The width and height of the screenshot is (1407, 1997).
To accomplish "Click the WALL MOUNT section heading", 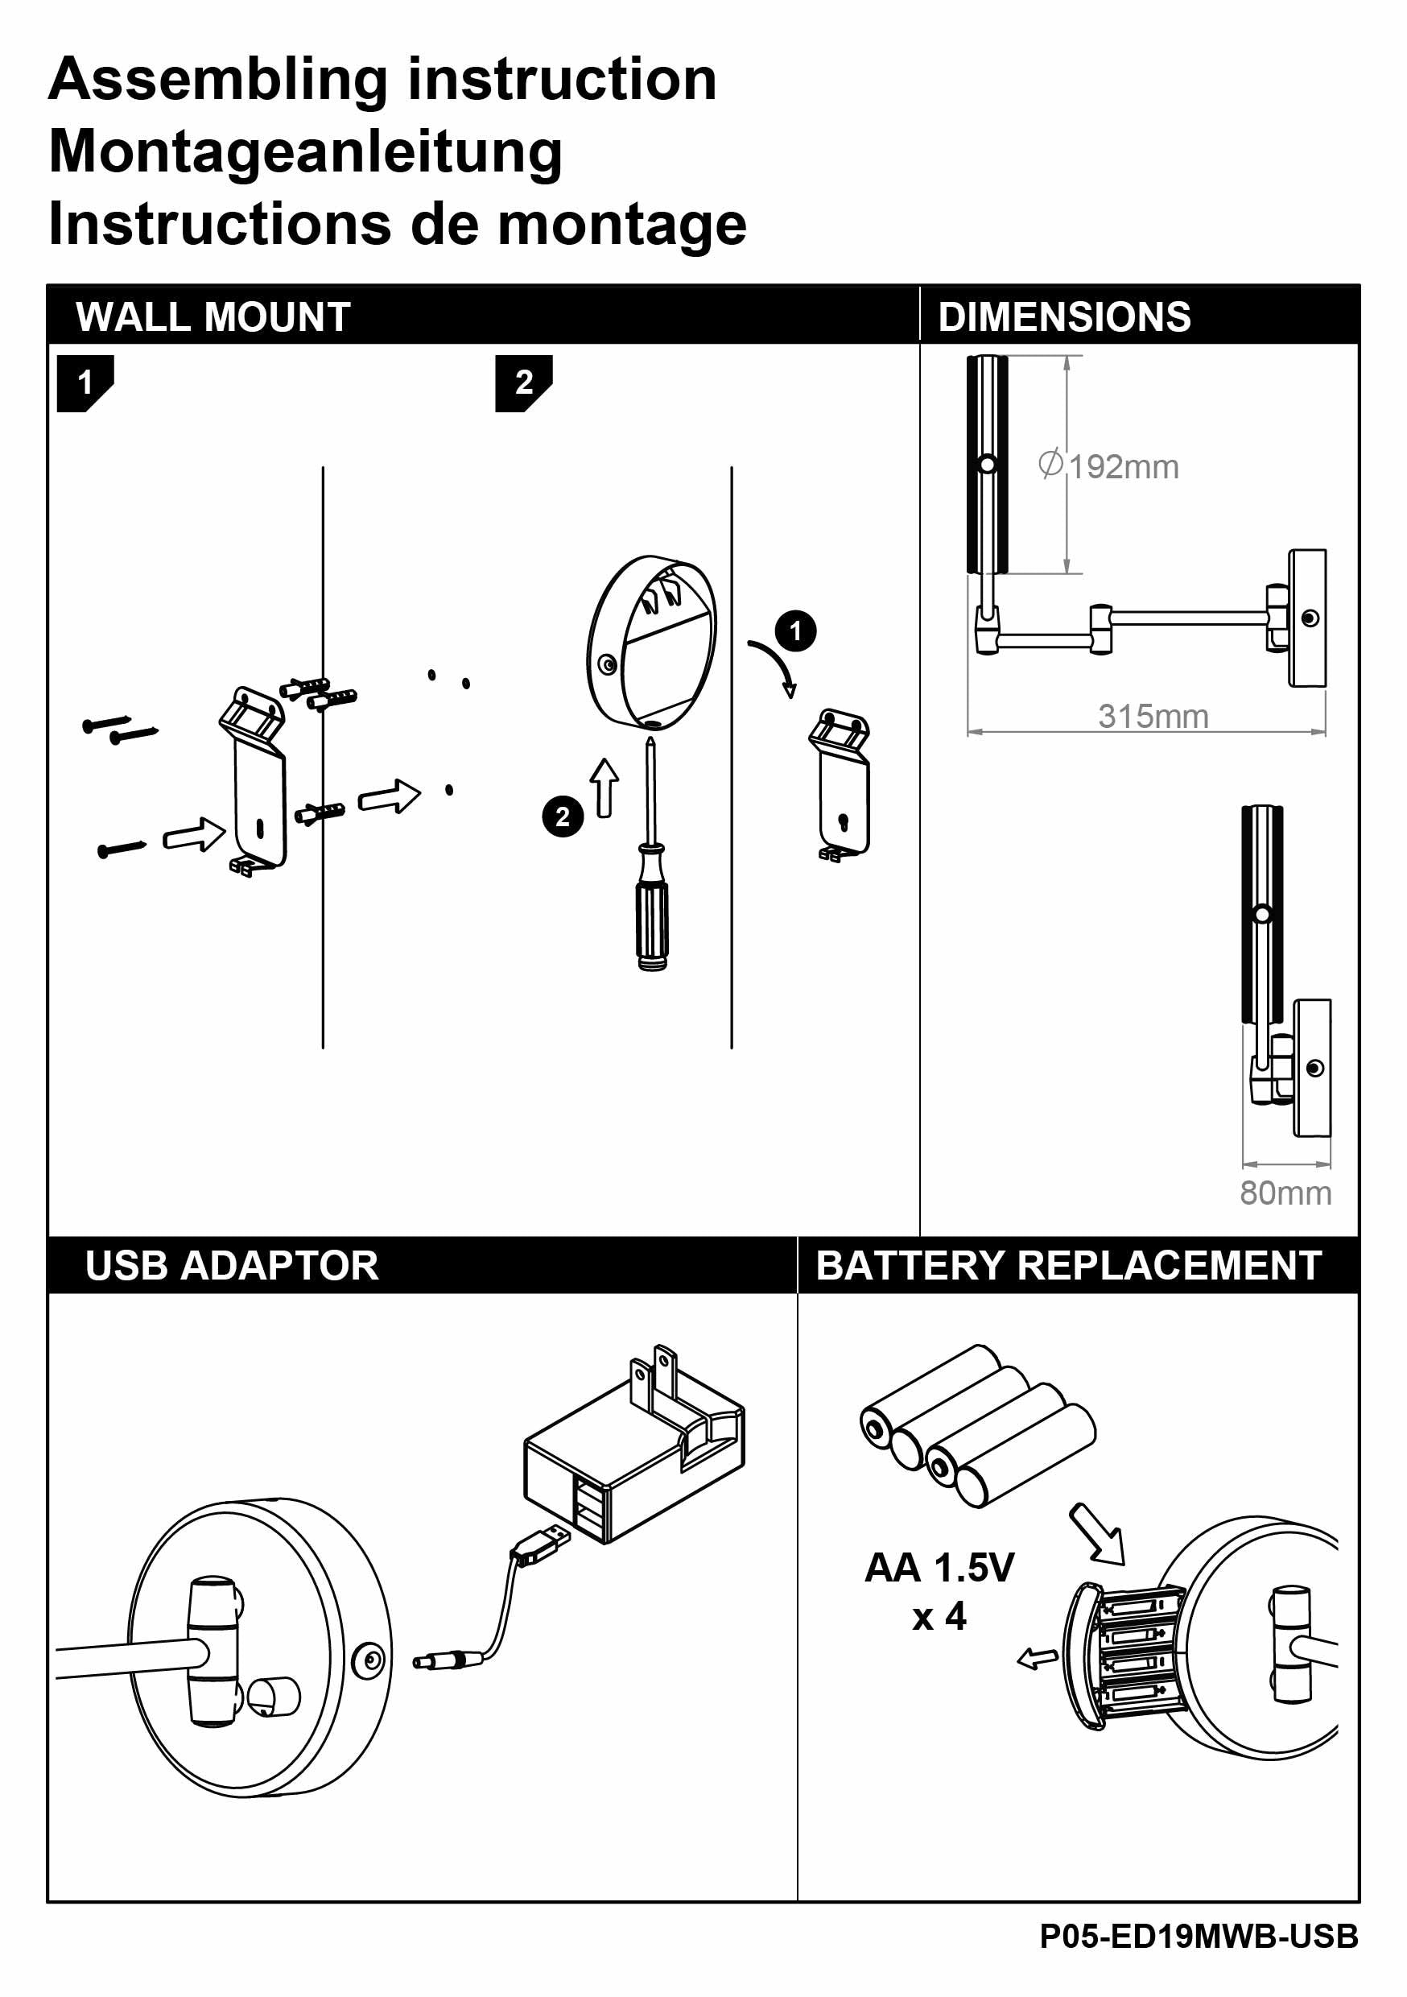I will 213,316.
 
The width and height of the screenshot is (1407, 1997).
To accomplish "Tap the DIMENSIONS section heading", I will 1063,316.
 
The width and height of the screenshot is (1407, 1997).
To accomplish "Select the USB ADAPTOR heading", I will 231,1266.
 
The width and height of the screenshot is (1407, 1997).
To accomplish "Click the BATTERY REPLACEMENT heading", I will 1068,1266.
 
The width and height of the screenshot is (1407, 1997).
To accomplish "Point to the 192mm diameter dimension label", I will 1110,467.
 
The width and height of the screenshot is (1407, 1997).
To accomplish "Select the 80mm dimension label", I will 1285,1193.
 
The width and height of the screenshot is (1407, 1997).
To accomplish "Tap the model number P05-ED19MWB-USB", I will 1199,1936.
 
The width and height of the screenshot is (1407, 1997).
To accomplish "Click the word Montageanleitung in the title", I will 305,151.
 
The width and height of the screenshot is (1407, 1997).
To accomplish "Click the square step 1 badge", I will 85,382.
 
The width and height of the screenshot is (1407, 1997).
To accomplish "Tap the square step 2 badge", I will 523,382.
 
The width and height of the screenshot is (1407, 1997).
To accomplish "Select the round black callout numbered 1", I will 794,631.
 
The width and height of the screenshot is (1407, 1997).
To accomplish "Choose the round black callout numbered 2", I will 563,817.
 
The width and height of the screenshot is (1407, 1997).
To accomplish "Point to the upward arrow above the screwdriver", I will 605,788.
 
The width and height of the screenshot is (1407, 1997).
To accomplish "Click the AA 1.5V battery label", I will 939,1568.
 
